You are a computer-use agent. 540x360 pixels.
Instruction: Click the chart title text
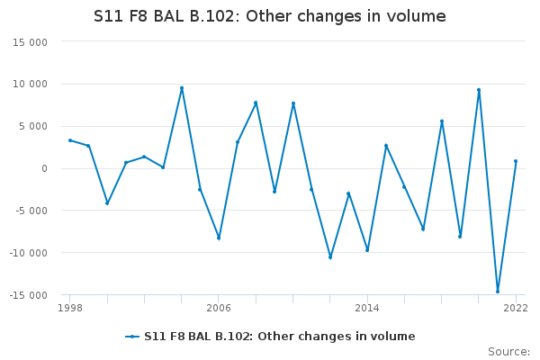coord(270,17)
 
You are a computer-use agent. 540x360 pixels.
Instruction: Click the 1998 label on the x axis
coord(70,308)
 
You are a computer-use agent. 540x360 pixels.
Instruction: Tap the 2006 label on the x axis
coord(219,308)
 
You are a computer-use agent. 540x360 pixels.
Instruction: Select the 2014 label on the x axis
coord(367,308)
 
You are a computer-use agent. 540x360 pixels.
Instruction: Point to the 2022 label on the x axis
coord(516,308)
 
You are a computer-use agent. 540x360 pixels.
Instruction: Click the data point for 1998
coord(70,140)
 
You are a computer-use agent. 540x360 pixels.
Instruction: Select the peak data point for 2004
coord(182,88)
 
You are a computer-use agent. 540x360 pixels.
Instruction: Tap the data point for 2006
coord(219,238)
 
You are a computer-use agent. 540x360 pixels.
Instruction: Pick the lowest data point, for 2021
coord(498,292)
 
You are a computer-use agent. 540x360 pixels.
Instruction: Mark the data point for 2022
coord(516,161)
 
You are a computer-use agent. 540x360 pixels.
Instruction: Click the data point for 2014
coord(367,250)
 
